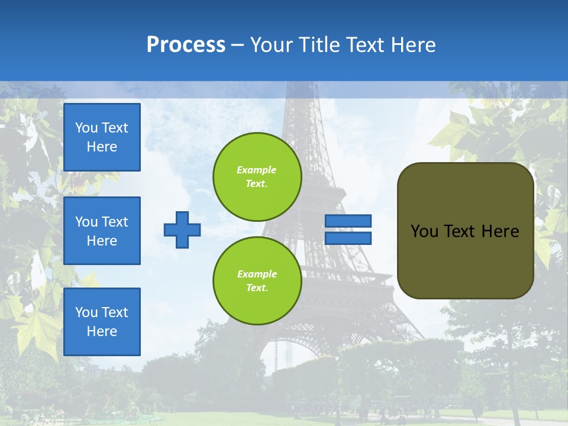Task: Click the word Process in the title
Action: [x=186, y=45]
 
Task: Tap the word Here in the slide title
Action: [x=412, y=45]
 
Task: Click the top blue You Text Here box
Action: [x=102, y=137]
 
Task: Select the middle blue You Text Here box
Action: [x=102, y=231]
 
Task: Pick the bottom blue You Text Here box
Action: [x=102, y=322]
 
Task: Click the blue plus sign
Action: [x=182, y=230]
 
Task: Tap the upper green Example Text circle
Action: [x=257, y=177]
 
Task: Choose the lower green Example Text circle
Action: [x=257, y=280]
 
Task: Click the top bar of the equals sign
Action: [x=348, y=221]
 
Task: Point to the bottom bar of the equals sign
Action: [x=348, y=238]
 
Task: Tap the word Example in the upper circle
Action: [x=257, y=170]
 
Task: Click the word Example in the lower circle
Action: [x=257, y=274]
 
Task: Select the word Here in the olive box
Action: [x=500, y=231]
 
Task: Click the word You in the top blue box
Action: [x=86, y=128]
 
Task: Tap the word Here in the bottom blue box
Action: [x=102, y=331]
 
